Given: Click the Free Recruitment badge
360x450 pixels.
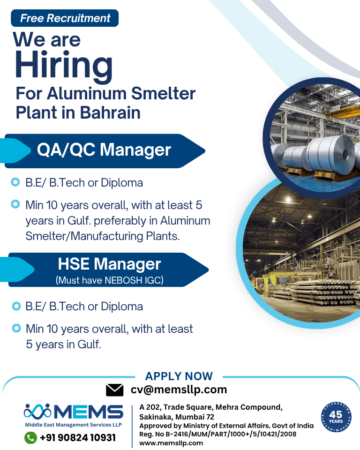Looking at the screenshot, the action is (65, 18).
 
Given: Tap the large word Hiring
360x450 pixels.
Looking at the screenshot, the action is (64, 66).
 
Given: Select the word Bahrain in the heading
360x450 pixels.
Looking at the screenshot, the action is (110, 112).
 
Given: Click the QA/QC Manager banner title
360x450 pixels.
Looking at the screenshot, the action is (104, 150).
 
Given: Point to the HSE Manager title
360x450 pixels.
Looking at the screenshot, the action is (109, 264).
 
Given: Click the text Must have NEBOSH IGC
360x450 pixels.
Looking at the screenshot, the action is (109, 280).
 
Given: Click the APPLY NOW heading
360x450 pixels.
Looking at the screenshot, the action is (179, 376).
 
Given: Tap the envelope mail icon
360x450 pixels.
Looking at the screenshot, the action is (114, 390).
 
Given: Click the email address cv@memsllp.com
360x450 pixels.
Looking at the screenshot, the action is (179, 390).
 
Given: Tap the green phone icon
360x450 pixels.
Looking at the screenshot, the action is (31, 438).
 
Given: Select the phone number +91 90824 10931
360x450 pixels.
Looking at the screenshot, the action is (78, 438).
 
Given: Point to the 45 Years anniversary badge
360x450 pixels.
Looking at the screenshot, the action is (336, 417).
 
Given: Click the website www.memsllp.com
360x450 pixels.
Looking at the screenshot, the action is (171, 443).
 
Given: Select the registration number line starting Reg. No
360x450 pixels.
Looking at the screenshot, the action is (217, 434).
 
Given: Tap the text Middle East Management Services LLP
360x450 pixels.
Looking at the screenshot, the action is (74, 425).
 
